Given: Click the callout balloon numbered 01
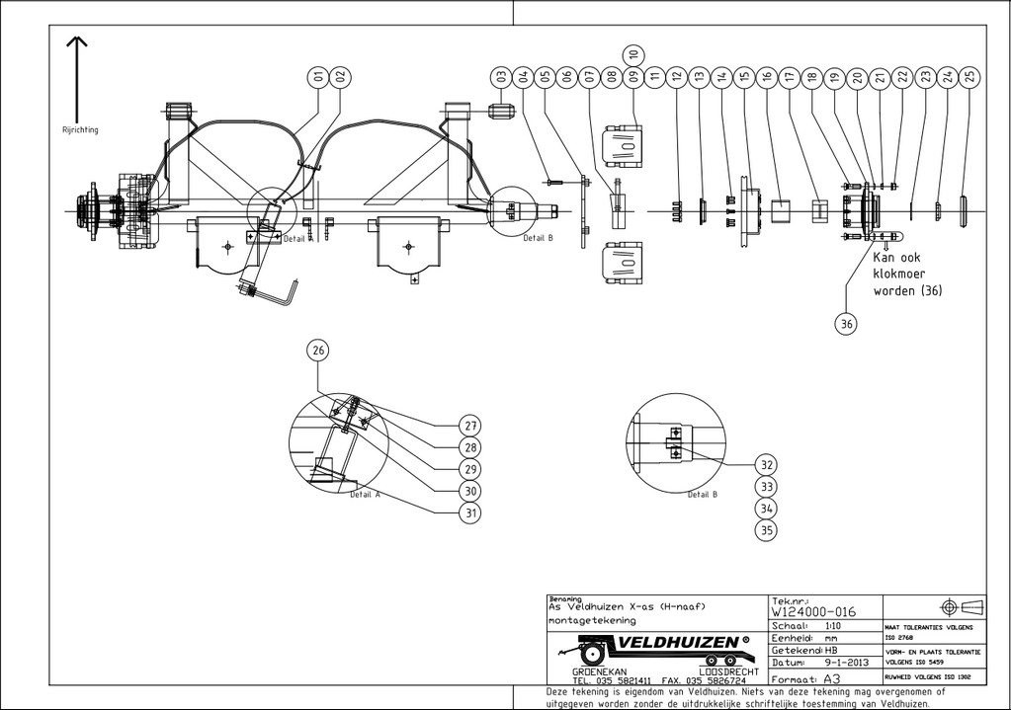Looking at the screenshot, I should (x=318, y=76).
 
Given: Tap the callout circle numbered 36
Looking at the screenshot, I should (x=847, y=322).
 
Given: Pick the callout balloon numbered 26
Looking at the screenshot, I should (x=318, y=350).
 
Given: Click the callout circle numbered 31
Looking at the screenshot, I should (x=470, y=513).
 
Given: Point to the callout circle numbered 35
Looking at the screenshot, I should (x=766, y=529).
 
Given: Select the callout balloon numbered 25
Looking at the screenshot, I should (x=969, y=76).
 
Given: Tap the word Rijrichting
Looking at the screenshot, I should (x=80, y=129).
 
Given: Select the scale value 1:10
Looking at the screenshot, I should (x=832, y=625).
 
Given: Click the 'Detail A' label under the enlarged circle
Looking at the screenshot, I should (x=365, y=495).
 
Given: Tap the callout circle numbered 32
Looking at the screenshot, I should (x=766, y=464).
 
